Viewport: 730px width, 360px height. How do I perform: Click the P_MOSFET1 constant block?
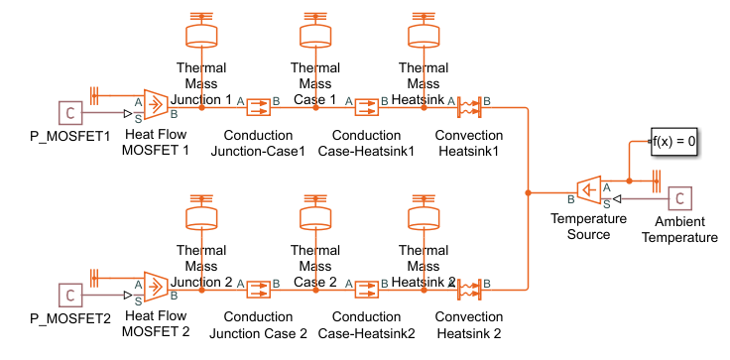tap(70, 113)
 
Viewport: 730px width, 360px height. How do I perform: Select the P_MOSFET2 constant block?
tap(70, 296)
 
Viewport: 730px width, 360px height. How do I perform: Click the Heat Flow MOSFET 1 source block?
tap(156, 104)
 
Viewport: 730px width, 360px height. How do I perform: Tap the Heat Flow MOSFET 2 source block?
tap(156, 287)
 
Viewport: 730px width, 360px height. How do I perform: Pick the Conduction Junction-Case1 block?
tap(258, 107)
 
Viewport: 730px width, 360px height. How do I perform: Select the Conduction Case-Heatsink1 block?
tap(367, 107)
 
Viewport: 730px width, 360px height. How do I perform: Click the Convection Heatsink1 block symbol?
tap(469, 107)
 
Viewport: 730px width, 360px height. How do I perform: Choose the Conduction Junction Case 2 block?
tap(258, 290)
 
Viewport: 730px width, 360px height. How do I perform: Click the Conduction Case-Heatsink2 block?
tap(367, 290)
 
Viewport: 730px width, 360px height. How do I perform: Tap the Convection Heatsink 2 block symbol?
tap(469, 290)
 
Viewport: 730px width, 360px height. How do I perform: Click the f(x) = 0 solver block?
tap(673, 141)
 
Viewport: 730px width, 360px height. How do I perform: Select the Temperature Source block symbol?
tap(589, 190)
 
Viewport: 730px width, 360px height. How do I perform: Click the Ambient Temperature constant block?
tap(680, 199)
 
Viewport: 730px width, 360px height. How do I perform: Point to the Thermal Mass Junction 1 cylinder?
tap(201, 36)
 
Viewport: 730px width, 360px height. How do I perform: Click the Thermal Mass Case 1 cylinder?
tap(315, 36)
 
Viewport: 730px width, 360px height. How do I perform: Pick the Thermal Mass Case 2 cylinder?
tap(315, 218)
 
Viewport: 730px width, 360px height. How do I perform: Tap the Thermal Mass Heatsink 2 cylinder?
tap(424, 218)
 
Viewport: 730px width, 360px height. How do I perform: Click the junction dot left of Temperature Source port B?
tap(528, 192)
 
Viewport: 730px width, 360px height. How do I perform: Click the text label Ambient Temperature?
tap(679, 229)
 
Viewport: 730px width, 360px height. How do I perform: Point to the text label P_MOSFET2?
tap(70, 319)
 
